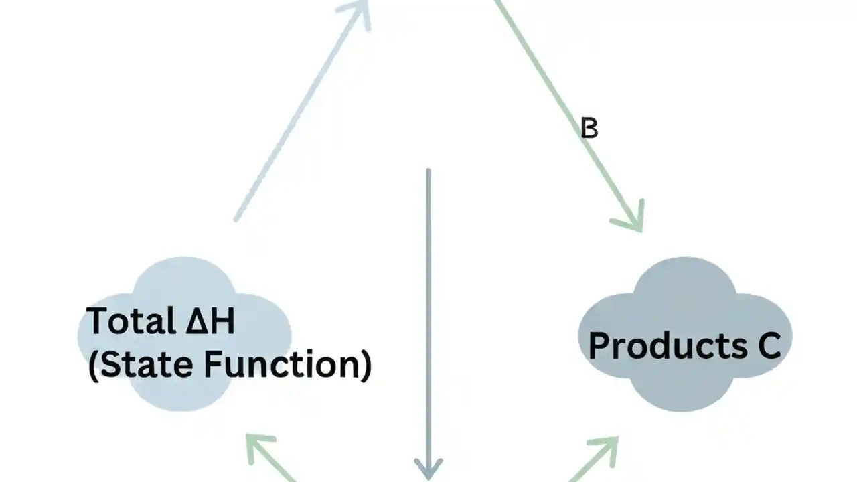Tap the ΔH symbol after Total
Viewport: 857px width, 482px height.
210,321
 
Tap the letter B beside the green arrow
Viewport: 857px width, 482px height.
589,128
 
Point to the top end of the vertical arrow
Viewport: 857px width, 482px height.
428,171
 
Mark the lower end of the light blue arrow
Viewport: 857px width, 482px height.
236,218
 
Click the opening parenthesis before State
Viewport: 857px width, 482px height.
94,366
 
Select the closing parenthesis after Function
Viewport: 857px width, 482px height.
365,366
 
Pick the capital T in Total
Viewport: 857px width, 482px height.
97,321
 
